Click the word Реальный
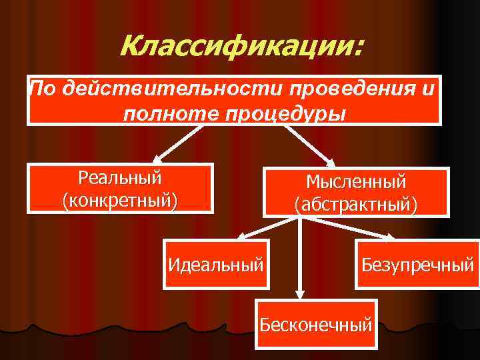[x=120, y=178]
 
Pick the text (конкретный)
[x=120, y=199]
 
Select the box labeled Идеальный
[x=216, y=263]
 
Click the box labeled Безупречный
[x=417, y=263]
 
